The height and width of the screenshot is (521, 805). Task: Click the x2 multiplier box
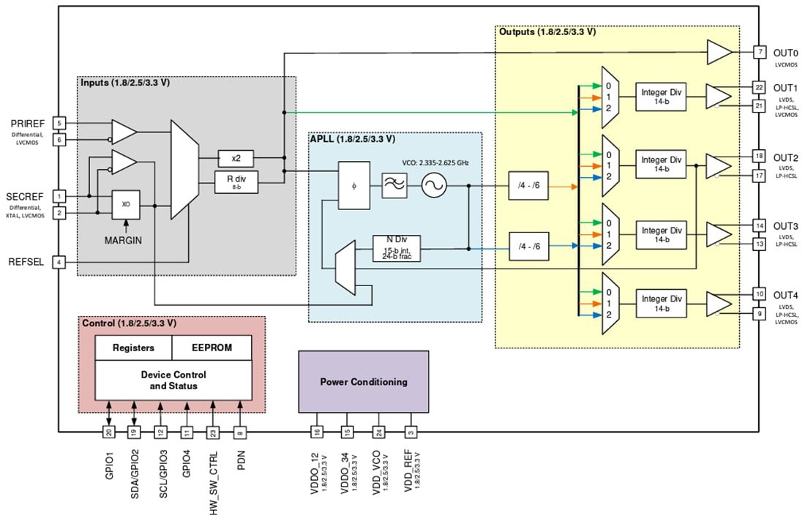(236, 157)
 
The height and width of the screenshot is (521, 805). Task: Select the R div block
(236, 181)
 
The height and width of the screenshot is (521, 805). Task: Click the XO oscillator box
(126, 205)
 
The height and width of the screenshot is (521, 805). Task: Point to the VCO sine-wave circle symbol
(433, 186)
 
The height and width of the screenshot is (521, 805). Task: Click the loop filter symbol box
(395, 186)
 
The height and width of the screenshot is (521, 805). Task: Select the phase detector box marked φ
(354, 186)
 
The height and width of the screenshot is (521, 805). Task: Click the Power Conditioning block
(363, 381)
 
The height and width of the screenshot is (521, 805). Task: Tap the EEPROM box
(211, 348)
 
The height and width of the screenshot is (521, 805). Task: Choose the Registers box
(133, 348)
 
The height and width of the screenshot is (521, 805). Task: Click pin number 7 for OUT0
(760, 52)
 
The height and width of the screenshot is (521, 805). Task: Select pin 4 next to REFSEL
(59, 261)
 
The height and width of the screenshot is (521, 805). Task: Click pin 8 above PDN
(241, 432)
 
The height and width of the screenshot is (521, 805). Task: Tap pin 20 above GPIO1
(108, 432)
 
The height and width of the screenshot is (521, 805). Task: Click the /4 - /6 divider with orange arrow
(529, 186)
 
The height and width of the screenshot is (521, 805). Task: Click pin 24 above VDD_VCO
(378, 432)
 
